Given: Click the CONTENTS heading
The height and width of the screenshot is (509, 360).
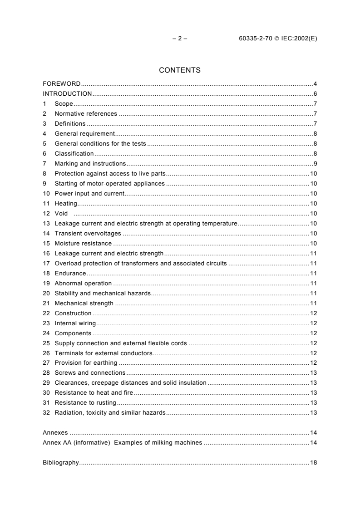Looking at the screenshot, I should pyautogui.click(x=180, y=70).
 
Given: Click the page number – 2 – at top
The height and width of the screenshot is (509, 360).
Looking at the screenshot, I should pyautogui.click(x=180, y=39).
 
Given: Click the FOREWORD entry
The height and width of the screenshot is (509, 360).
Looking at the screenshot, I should pyautogui.click(x=61, y=84).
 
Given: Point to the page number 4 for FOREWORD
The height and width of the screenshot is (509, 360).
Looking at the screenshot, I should pyautogui.click(x=315, y=84).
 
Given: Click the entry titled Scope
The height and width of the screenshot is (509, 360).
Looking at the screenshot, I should pyautogui.click(x=64, y=104).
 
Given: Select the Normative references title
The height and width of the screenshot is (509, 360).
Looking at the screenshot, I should pyautogui.click(x=86, y=114).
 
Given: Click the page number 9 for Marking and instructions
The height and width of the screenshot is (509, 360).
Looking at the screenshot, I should pyautogui.click(x=315, y=163).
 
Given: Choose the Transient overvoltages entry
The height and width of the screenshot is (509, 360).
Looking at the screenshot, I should pyautogui.click(x=88, y=233).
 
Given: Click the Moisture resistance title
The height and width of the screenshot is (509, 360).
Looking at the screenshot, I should pyautogui.click(x=83, y=243).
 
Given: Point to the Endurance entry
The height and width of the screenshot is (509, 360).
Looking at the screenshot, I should pyautogui.click(x=70, y=273).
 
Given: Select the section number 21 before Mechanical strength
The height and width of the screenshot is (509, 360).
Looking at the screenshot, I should pyautogui.click(x=46, y=303).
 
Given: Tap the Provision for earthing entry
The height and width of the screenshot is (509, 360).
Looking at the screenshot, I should pyautogui.click(x=86, y=362).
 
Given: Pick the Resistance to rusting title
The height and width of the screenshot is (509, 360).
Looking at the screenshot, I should pyautogui.click(x=85, y=402).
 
